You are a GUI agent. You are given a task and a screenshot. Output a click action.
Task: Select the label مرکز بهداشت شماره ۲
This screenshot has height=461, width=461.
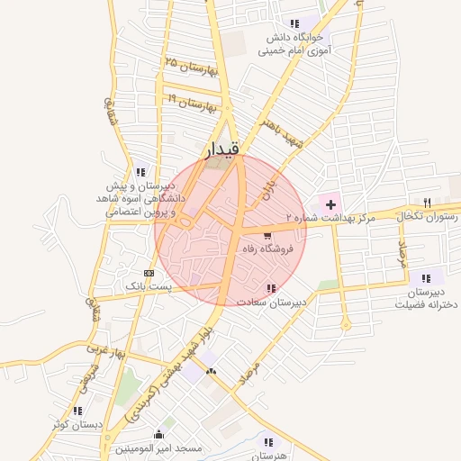[x=327, y=218]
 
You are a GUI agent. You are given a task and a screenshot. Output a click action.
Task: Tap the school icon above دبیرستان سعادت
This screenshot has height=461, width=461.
[x=271, y=288]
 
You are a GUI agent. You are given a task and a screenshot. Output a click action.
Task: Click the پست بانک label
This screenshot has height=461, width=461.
[x=147, y=286]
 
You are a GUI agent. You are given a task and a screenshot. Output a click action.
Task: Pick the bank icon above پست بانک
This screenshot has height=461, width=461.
[x=149, y=273]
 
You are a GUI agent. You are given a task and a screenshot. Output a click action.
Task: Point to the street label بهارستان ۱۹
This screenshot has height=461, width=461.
[x=192, y=101]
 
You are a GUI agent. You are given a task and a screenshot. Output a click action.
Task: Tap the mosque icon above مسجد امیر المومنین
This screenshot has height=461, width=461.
[x=159, y=434]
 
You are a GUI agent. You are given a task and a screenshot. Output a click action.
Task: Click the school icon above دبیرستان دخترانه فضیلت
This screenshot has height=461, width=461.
[x=425, y=278]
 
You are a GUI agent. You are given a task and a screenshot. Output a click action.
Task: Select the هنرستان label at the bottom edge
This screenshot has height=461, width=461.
[x=268, y=456]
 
